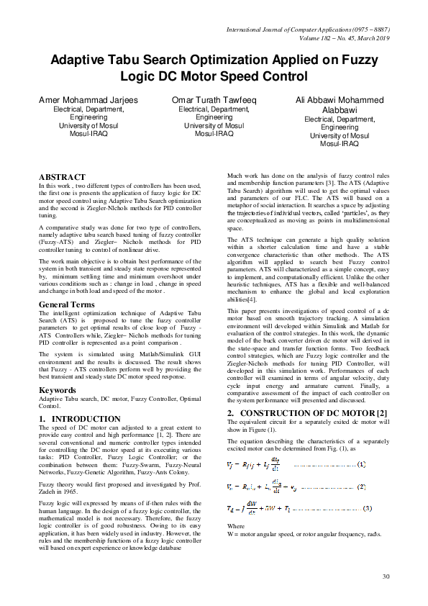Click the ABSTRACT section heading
click(62, 177)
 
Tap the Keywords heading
click(57, 391)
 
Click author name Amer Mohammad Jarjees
click(89, 100)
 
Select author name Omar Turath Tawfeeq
click(214, 100)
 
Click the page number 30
click(386, 576)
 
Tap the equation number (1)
click(362, 463)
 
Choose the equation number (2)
click(362, 487)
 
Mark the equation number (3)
click(366, 509)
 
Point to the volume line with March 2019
click(337, 38)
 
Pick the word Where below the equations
click(236, 527)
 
